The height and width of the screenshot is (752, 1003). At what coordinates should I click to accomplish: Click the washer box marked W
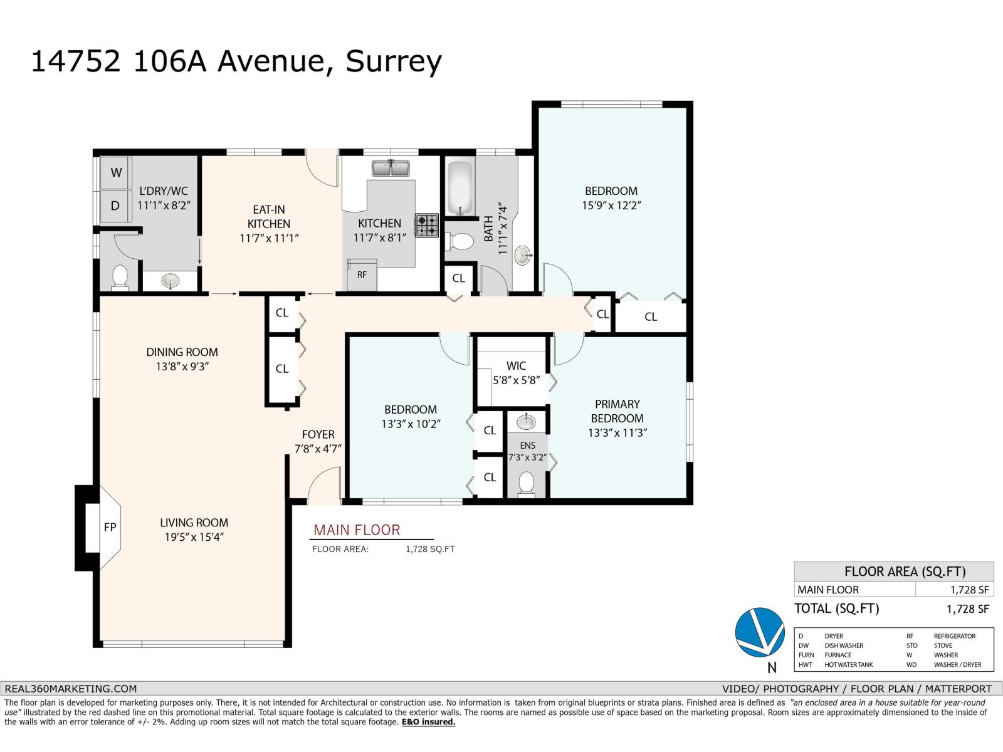[116, 172]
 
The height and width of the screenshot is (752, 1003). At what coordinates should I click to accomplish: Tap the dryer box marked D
[115, 206]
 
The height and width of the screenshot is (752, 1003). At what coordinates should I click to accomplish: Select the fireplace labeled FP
[110, 527]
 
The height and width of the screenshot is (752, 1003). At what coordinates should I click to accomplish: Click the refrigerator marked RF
[362, 275]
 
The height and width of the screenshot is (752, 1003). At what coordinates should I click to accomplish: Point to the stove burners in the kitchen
[428, 226]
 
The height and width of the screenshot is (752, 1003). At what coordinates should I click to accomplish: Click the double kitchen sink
[391, 169]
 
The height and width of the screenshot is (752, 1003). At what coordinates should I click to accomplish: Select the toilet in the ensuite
[527, 484]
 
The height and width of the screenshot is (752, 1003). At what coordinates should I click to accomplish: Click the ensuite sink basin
[527, 421]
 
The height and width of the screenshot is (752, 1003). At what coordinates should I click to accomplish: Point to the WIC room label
[516, 365]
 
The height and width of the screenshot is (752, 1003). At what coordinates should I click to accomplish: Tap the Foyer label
[318, 434]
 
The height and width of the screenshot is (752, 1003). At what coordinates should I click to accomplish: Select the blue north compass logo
[759, 632]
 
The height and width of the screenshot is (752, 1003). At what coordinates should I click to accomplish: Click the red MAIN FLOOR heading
[357, 530]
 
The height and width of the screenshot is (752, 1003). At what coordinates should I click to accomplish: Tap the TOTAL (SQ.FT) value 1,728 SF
[967, 608]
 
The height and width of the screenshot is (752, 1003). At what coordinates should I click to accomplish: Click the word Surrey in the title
[394, 61]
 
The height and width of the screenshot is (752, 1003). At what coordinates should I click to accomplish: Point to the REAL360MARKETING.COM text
[70, 688]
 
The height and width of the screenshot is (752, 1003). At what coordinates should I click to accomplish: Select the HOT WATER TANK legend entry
[848, 665]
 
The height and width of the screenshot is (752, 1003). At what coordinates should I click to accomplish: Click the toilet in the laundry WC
[119, 276]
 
